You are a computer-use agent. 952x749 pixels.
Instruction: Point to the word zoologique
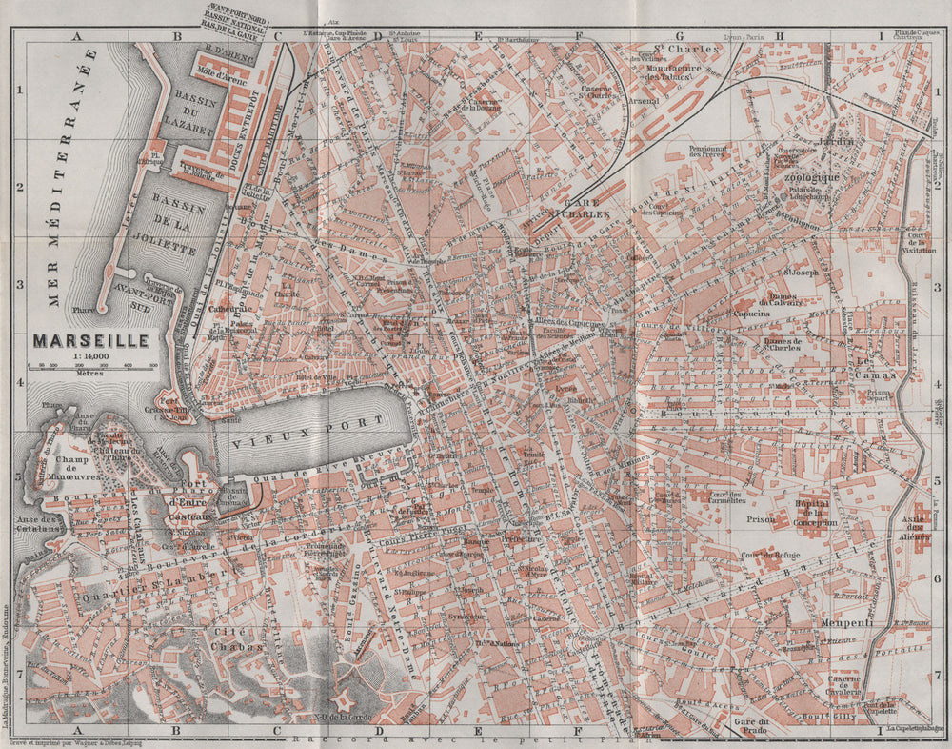(x=812, y=177)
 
